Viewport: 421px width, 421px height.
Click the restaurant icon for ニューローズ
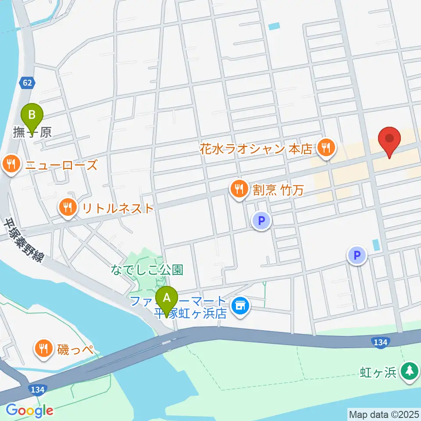tap(10, 165)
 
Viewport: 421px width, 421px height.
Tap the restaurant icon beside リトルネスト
tap(67, 207)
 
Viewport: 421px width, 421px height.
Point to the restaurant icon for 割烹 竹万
tap(239, 189)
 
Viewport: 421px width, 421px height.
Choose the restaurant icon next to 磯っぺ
tap(43, 349)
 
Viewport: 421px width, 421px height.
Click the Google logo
tap(29, 410)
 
